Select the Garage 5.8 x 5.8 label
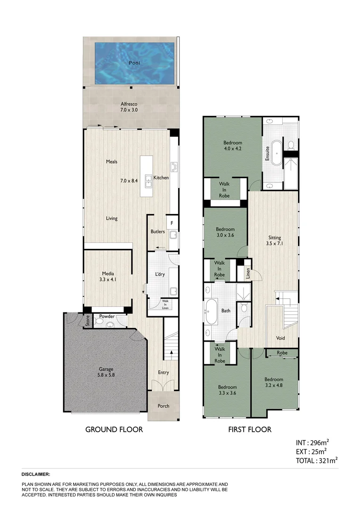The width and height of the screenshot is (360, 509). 106,372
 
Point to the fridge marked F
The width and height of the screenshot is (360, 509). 172,222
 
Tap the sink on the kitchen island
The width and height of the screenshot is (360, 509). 148,179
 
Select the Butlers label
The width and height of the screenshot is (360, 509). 157,232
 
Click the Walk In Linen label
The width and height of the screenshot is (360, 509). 165,304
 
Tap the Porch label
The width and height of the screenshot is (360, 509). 163,406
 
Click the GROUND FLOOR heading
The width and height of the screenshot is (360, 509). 114,429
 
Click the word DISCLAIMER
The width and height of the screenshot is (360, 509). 36,475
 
